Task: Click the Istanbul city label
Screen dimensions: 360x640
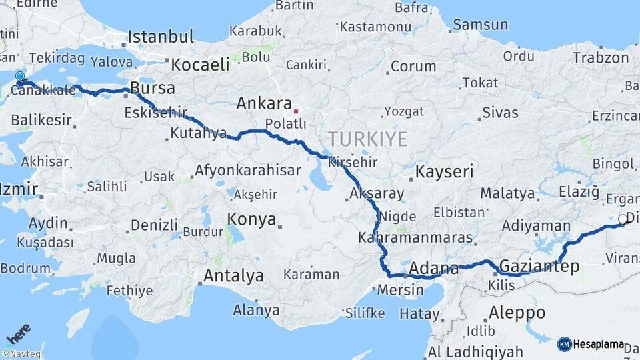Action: point(161,36)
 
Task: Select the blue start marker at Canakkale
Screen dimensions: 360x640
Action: point(20,78)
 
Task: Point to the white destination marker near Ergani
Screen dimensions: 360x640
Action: point(623,219)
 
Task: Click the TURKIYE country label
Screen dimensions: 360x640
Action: point(367,139)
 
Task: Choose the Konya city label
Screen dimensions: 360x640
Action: point(251,219)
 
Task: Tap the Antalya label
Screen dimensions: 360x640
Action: point(233,275)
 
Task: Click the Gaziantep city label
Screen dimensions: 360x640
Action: point(539,267)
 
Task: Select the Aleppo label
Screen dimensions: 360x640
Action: point(517,312)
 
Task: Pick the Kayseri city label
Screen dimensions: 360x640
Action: point(444,171)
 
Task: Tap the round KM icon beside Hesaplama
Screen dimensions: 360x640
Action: point(565,344)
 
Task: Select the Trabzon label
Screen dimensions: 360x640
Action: point(600,58)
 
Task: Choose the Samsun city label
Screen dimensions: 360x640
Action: point(480,25)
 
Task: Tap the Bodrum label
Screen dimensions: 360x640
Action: point(25,267)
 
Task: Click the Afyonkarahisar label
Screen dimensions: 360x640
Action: point(247,171)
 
